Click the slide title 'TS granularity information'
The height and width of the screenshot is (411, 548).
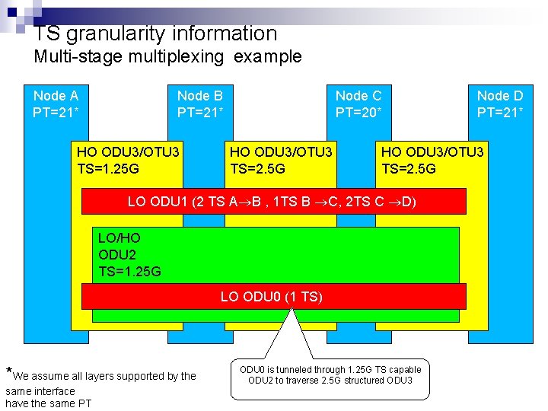pyautogui.click(x=156, y=33)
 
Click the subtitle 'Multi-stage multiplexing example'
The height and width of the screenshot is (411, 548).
pyautogui.click(x=167, y=56)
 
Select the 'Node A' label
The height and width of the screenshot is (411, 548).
pyautogui.click(x=56, y=96)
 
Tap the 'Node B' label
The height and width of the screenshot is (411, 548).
pyautogui.click(x=199, y=96)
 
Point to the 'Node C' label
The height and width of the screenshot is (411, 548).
pyautogui.click(x=358, y=96)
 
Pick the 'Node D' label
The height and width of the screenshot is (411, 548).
pyautogui.click(x=499, y=96)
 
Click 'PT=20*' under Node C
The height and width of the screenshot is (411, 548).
pyautogui.click(x=358, y=112)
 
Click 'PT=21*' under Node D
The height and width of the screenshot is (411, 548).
pyautogui.click(x=499, y=112)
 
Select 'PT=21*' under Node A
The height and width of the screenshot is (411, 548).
pyautogui.click(x=56, y=112)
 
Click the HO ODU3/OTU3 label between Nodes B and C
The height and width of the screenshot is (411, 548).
pyautogui.click(x=281, y=152)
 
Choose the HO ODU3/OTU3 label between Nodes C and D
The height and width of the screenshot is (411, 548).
pyautogui.click(x=432, y=152)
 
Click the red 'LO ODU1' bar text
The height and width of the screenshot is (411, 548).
pyautogui.click(x=272, y=202)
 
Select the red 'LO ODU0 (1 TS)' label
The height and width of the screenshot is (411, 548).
pyautogui.click(x=272, y=296)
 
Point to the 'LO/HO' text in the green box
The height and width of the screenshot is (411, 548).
pyautogui.click(x=119, y=238)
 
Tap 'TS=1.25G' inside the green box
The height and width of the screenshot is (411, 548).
pyautogui.click(x=129, y=271)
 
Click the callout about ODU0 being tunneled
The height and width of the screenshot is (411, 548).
pyautogui.click(x=330, y=374)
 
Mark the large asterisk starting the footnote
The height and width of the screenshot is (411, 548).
pyautogui.click(x=9, y=373)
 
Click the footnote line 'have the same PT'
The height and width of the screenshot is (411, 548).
pyautogui.click(x=49, y=403)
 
